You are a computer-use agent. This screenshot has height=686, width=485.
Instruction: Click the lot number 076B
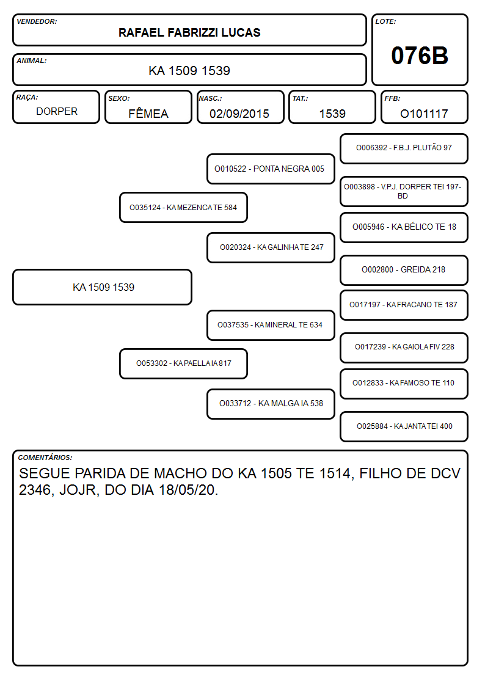pyautogui.click(x=420, y=56)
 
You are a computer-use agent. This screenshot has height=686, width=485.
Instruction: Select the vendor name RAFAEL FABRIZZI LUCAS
pyautogui.click(x=189, y=32)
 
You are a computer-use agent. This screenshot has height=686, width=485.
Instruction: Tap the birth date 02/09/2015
pyautogui.click(x=239, y=114)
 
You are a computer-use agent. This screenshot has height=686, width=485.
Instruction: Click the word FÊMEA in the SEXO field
pyautogui.click(x=148, y=113)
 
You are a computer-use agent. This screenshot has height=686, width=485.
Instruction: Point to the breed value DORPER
pyautogui.click(x=57, y=112)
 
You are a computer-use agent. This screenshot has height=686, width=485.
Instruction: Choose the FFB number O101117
pyautogui.click(x=424, y=114)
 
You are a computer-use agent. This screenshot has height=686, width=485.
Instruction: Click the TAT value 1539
pyautogui.click(x=332, y=114)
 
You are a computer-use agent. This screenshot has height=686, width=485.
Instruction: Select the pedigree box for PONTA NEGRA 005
pyautogui.click(x=271, y=169)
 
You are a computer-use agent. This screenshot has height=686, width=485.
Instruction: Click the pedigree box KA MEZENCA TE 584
pyautogui.click(x=183, y=207)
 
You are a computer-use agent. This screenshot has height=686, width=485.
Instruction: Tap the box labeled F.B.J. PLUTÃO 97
pyautogui.click(x=404, y=149)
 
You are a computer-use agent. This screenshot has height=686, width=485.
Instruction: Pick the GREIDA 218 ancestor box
pyautogui.click(x=404, y=270)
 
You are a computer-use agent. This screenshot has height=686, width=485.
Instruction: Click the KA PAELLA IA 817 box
pyautogui.click(x=183, y=363)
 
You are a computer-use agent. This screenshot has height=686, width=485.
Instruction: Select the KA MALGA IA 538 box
pyautogui.click(x=271, y=404)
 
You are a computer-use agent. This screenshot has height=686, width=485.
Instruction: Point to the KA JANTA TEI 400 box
pyautogui.click(x=404, y=426)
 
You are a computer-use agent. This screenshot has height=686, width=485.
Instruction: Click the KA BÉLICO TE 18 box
pyautogui.click(x=404, y=227)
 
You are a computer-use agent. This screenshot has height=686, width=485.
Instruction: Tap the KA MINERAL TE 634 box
pyautogui.click(x=271, y=325)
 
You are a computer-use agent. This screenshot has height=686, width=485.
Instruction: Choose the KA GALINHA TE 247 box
pyautogui.click(x=271, y=247)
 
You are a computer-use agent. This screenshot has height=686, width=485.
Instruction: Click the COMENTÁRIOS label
pyautogui.click(x=45, y=458)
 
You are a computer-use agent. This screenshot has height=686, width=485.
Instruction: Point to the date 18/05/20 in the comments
pyautogui.click(x=188, y=490)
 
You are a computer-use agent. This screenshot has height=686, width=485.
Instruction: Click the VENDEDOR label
pyautogui.click(x=37, y=21)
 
